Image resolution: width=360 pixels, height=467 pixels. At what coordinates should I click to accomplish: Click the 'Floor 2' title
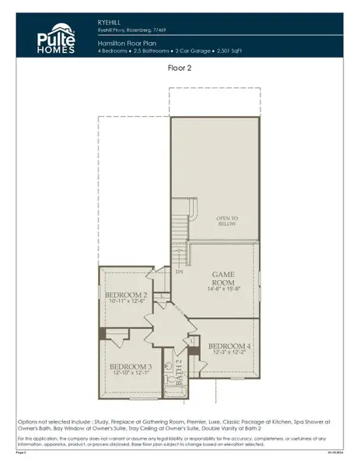pos(180,68)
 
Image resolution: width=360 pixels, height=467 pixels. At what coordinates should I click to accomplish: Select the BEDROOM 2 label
pos(126,294)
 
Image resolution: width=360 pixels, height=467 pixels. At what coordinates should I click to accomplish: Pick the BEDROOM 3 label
pos(129,365)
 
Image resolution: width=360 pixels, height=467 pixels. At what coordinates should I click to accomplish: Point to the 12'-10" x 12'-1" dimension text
pos(129,373)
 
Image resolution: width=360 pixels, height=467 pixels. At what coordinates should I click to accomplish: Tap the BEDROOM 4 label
pos(229,345)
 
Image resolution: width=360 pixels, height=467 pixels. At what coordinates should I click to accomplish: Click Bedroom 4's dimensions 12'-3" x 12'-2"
pos(229,353)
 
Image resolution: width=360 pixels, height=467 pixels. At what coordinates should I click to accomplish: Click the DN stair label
pos(179,273)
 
